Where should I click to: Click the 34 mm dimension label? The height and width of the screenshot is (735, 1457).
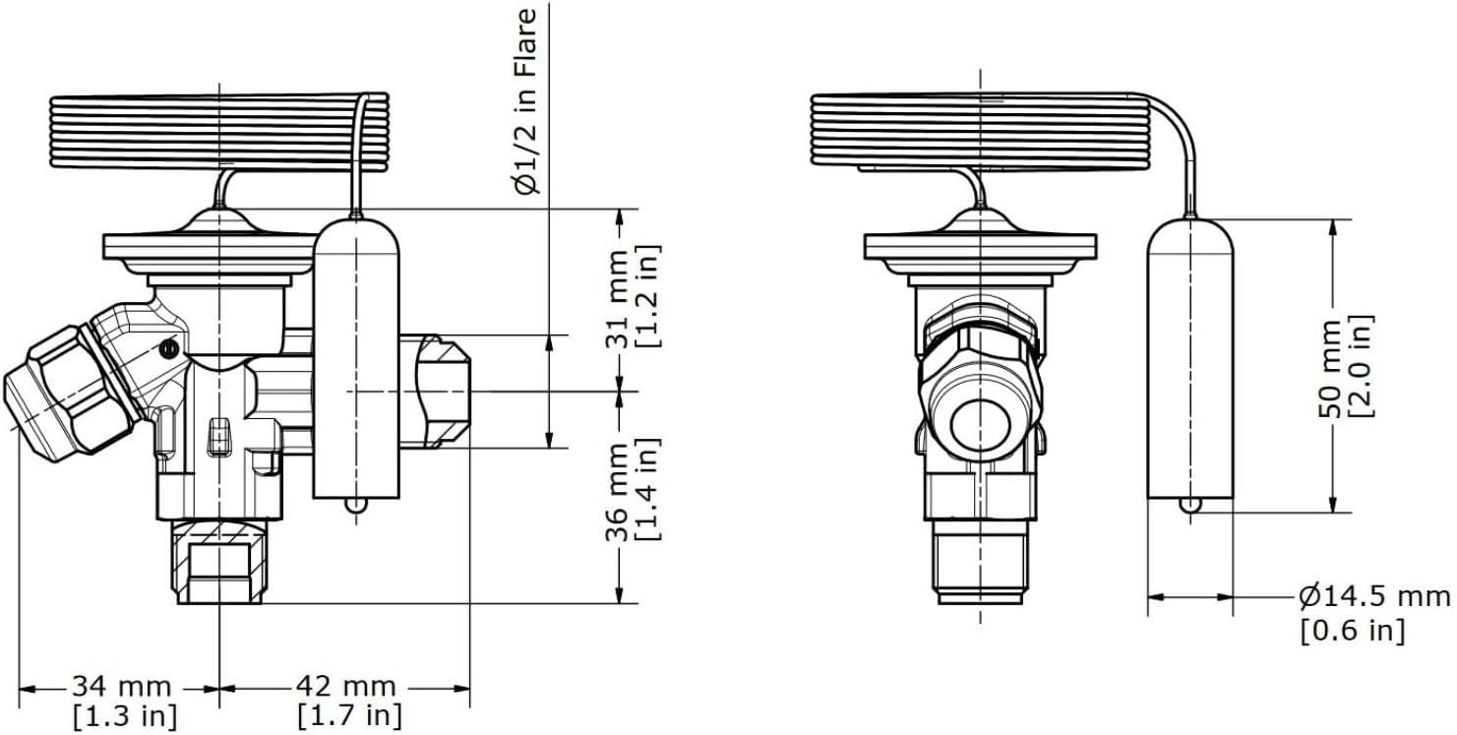click(120, 686)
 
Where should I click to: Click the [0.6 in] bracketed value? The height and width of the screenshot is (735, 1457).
click(1352, 631)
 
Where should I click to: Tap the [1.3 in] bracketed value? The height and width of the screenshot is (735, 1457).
click(121, 715)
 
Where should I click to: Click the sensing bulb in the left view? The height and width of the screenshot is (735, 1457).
click(357, 354)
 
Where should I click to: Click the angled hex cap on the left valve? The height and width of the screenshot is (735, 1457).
click(64, 391)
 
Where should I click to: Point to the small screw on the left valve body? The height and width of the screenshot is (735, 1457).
click(170, 348)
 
